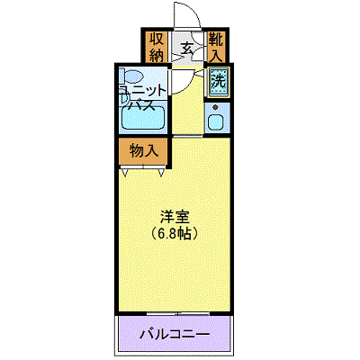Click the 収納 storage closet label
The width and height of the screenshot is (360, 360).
157,47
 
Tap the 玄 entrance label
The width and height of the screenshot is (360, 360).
187,49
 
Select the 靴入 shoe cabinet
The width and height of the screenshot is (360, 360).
216,47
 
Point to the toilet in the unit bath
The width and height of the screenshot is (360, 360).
130,76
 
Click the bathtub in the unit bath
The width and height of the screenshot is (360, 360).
143,117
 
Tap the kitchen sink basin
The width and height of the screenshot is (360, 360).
216,121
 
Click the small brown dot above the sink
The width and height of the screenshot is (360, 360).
215,107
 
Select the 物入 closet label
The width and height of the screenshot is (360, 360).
144,151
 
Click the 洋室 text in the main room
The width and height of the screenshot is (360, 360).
175,218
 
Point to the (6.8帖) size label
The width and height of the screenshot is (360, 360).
175,233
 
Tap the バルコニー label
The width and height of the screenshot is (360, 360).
175,333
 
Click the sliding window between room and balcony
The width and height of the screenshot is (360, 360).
178,313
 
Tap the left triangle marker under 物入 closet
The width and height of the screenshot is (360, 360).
125,173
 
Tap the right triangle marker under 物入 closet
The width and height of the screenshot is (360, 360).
161,173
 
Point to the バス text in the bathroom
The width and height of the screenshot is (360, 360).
141,105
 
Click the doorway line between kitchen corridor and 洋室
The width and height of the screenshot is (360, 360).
188,137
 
